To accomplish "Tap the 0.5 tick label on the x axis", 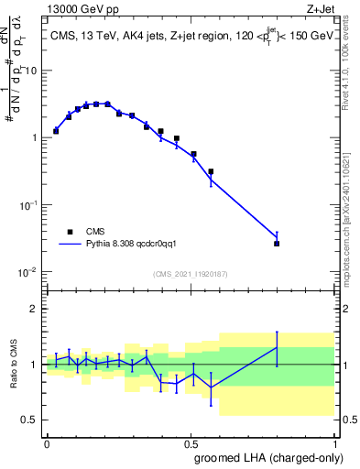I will pyautogui.click(x=191, y=442).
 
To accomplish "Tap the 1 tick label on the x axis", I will pyautogui.click(x=335, y=442).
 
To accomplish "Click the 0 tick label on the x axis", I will pyautogui.click(x=47, y=442).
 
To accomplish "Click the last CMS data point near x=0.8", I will pyautogui.click(x=277, y=244).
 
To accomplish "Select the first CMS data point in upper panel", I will pyautogui.click(x=56, y=131).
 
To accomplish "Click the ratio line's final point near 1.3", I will pyautogui.click(x=277, y=347).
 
